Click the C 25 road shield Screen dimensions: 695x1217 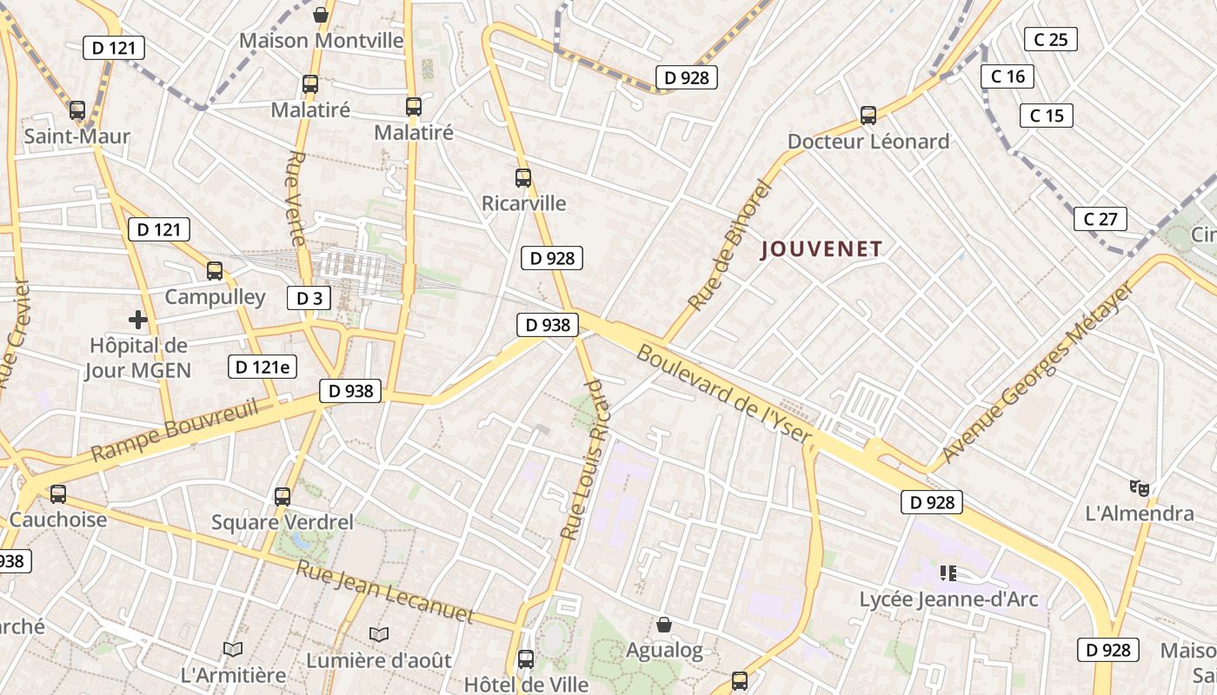coord(1050,39)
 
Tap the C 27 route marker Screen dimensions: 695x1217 coord(1100,219)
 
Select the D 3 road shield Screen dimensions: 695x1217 coord(309,298)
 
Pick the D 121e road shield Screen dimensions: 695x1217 coord(262,367)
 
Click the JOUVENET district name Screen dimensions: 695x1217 coord(821,249)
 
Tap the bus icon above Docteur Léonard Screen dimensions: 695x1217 coord(868,115)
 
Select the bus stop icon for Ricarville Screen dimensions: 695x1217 coord(522,178)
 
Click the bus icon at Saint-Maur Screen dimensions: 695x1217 coord(77,110)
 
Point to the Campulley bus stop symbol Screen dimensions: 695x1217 coord(215,271)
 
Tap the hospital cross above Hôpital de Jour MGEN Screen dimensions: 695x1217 coord(137,320)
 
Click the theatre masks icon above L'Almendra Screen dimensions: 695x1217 coord(1139,488)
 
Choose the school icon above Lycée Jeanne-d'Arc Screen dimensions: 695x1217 coord(948,573)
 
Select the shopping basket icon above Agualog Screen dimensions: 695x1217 coord(664,625)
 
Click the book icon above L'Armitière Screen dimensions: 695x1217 coord(232,649)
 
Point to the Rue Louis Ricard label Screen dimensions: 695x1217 coord(582,459)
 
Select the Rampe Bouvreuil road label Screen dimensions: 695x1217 coord(175,429)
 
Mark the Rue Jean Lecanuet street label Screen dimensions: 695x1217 coord(385,592)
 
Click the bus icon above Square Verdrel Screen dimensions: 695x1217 coord(283,497)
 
